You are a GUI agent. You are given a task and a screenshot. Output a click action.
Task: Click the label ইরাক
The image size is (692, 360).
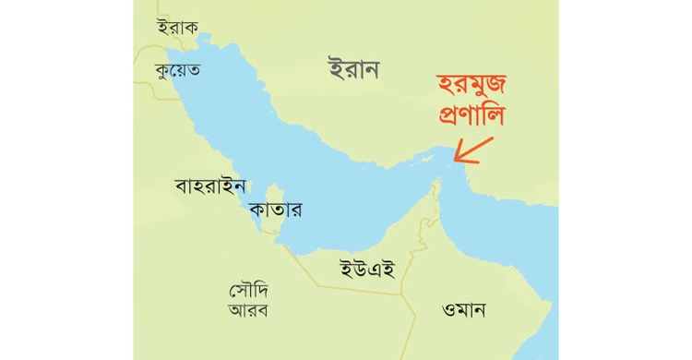coord(178,27)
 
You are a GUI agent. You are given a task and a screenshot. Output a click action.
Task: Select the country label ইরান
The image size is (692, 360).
coord(353,69)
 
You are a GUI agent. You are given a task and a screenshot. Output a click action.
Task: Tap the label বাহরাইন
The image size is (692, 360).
coord(210,186)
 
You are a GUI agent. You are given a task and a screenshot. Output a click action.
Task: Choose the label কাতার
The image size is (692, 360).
coord(275,210)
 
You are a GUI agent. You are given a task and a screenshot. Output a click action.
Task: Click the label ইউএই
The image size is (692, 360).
coord(367,269)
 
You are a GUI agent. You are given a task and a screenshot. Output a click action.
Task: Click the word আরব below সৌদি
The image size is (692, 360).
coord(248,310)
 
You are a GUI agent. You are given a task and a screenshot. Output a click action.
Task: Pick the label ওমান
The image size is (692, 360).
coord(464,309)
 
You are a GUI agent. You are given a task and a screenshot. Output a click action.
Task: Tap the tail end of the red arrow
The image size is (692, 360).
coord(493,138)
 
